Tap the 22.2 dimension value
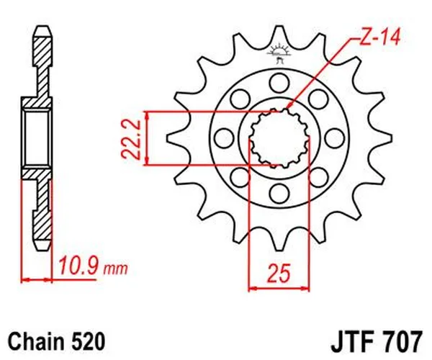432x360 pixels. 131,138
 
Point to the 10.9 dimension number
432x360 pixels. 78,269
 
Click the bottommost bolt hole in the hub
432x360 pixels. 278,192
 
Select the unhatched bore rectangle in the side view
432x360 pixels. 38,138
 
